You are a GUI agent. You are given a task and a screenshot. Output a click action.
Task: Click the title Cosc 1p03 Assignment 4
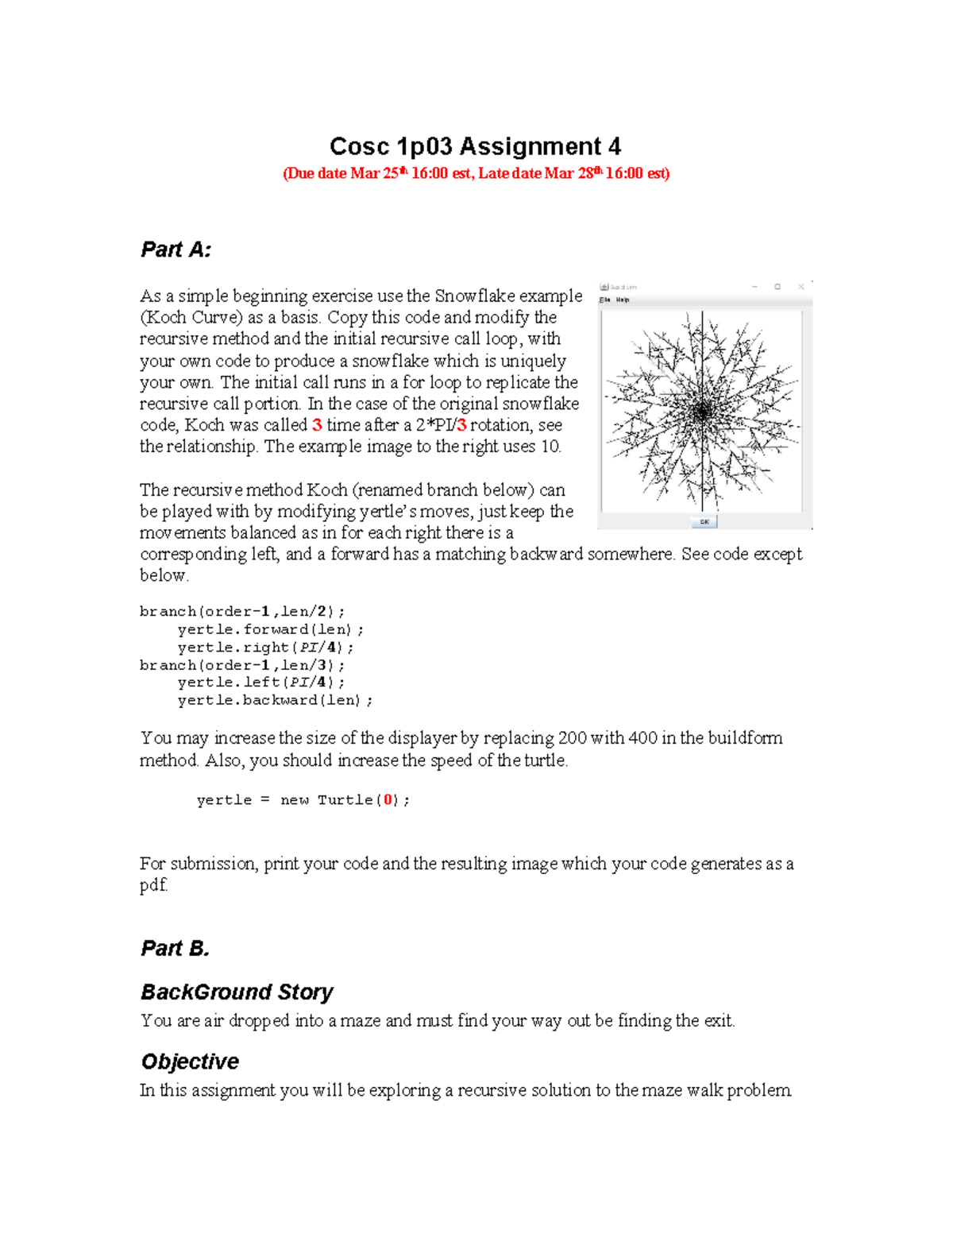pos(475,147)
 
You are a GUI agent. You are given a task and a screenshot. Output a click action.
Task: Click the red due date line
pos(476,173)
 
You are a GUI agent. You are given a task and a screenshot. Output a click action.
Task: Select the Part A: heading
pos(176,250)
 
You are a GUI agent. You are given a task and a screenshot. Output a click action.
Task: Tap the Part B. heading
pos(176,948)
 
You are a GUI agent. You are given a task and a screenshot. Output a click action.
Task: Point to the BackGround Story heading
pos(237,992)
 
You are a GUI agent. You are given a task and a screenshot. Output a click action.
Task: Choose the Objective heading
pos(190,1062)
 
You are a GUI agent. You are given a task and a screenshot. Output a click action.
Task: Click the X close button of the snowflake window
pos(801,287)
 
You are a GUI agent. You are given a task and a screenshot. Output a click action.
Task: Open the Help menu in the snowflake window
pos(623,300)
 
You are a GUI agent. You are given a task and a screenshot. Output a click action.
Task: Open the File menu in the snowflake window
pos(605,300)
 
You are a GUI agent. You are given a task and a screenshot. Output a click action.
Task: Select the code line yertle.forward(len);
pos(271,629)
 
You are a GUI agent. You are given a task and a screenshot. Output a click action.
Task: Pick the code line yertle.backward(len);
pos(275,700)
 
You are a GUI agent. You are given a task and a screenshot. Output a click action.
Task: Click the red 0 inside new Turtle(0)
pos(388,800)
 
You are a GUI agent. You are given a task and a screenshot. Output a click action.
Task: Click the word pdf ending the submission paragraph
pos(153,885)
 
